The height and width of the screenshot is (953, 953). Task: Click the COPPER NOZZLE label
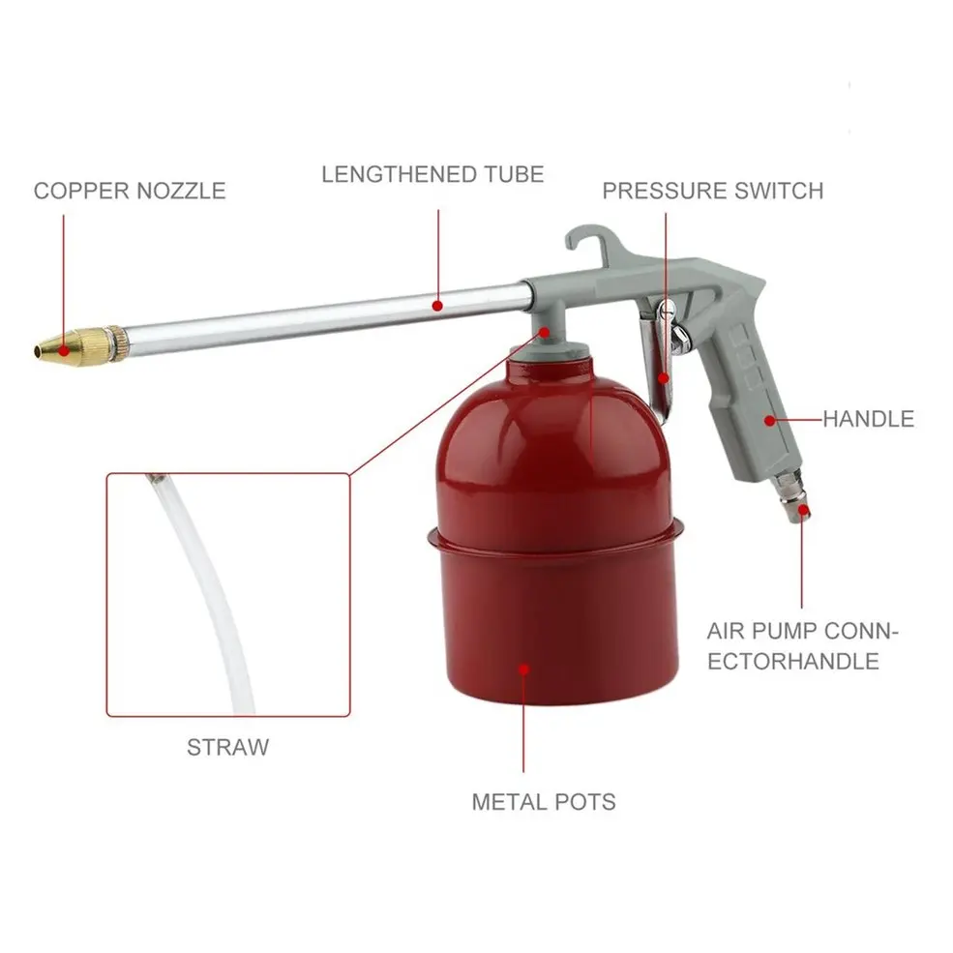[x=129, y=190]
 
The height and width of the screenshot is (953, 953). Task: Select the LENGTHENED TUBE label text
[x=432, y=174]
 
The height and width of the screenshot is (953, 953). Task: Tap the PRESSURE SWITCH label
[x=712, y=190]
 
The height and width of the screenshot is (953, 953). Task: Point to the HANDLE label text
[x=868, y=419]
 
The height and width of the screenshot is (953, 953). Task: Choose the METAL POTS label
[x=543, y=801]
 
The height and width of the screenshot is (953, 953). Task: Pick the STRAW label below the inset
[x=227, y=747]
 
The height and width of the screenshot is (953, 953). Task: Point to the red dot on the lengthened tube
[x=438, y=306]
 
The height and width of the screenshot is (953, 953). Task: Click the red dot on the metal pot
[x=523, y=667]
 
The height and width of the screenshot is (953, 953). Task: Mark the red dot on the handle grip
[x=770, y=420]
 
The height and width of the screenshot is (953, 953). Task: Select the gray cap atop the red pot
[x=551, y=353]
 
